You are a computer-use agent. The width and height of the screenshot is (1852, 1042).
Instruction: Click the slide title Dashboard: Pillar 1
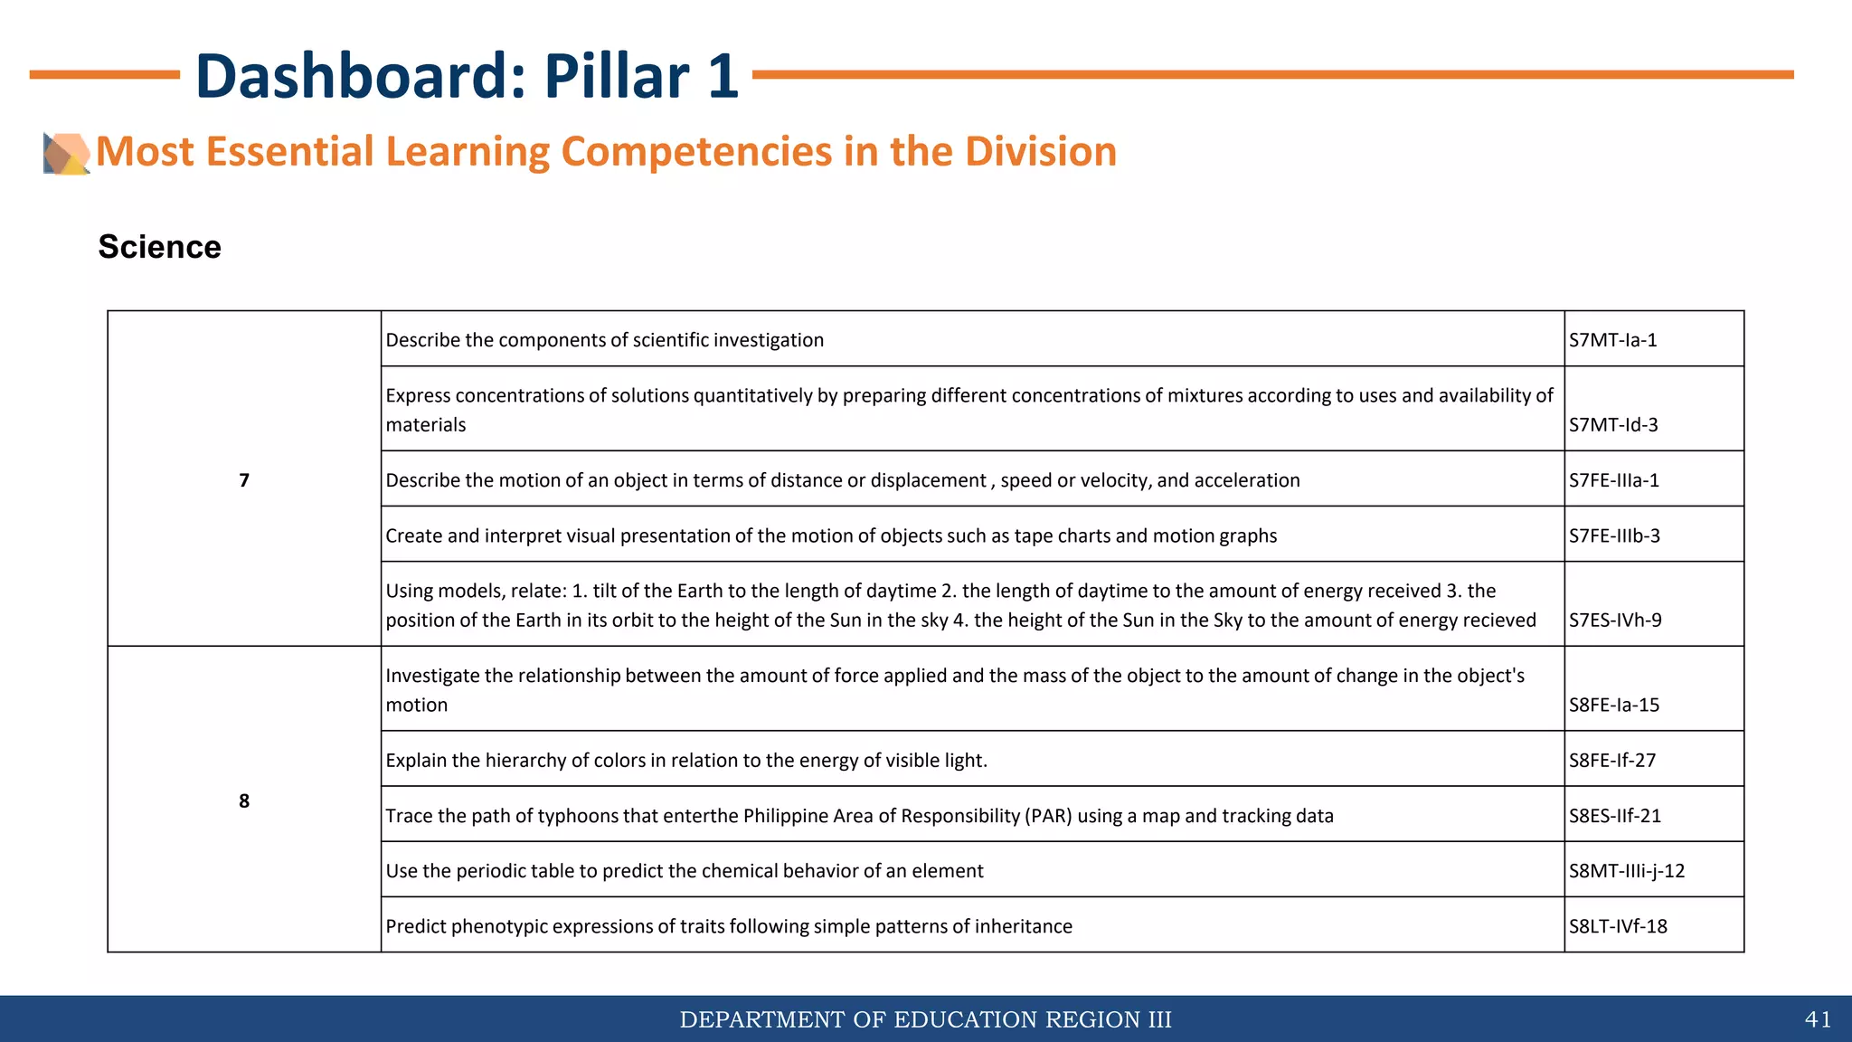pyautogui.click(x=467, y=75)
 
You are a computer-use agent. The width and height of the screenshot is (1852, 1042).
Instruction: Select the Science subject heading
pyautogui.click(x=159, y=247)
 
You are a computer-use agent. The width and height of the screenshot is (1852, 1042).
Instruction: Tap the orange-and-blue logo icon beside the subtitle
pyautogui.click(x=66, y=153)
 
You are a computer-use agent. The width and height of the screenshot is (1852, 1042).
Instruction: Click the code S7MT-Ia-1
pyautogui.click(x=1612, y=340)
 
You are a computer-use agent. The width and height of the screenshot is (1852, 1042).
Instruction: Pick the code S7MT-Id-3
pyautogui.click(x=1613, y=425)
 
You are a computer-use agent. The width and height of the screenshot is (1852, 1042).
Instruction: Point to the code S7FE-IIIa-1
pyautogui.click(x=1614, y=480)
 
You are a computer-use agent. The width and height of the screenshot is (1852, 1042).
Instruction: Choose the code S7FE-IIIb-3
pyautogui.click(x=1614, y=535)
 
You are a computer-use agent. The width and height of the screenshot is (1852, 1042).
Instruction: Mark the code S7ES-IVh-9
pyautogui.click(x=1615, y=620)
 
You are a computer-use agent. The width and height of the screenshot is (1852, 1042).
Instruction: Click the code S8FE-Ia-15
pyautogui.click(x=1614, y=706)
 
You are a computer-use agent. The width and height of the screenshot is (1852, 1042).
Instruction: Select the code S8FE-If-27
pyautogui.click(x=1612, y=761)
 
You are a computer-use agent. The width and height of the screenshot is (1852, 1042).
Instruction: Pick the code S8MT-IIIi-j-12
pyautogui.click(x=1627, y=871)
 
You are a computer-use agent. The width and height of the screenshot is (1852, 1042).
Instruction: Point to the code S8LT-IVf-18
pyautogui.click(x=1618, y=926)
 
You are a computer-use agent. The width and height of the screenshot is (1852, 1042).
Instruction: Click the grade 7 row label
pyautogui.click(x=244, y=480)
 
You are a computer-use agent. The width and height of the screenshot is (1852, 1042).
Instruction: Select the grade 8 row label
pyautogui.click(x=244, y=800)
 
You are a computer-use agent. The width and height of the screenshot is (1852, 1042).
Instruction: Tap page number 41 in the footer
pyautogui.click(x=1818, y=1019)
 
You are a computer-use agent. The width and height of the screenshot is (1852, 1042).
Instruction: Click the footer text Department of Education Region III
pyautogui.click(x=925, y=1019)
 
